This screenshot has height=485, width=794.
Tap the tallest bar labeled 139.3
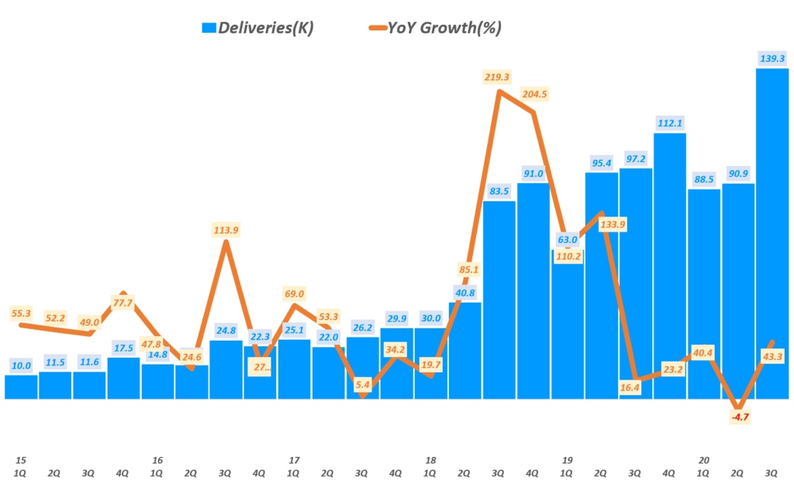click(x=772, y=233)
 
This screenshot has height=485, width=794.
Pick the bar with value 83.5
click(x=499, y=300)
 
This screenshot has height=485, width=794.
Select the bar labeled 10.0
click(x=21, y=386)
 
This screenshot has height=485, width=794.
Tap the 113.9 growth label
click(x=225, y=230)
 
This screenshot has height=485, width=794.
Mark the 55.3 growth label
click(x=21, y=313)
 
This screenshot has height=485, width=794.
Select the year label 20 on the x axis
click(x=704, y=460)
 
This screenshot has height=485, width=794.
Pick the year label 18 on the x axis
click(x=430, y=460)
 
